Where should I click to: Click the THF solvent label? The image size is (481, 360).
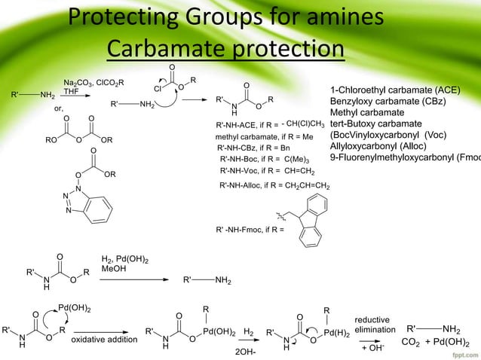click(72, 90)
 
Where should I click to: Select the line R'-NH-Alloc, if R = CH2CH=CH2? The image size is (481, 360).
click(274, 185)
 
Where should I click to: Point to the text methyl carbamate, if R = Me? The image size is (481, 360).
click(264, 137)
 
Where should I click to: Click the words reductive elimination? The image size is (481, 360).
click(375, 325)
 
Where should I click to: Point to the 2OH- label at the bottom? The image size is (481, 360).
click(246, 352)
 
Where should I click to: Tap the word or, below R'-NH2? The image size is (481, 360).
click(59, 108)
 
